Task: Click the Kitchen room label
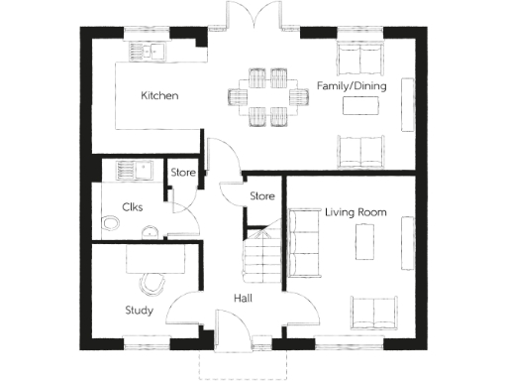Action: coord(159,96)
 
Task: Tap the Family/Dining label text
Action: coord(351,86)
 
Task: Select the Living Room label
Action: coord(355,211)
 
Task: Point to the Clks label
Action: coord(134,207)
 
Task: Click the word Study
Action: coord(139,310)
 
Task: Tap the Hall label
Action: coord(246,299)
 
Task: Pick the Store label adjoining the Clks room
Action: coord(183,173)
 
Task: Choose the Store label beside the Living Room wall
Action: coord(261,196)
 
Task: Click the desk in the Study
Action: coord(155,261)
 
